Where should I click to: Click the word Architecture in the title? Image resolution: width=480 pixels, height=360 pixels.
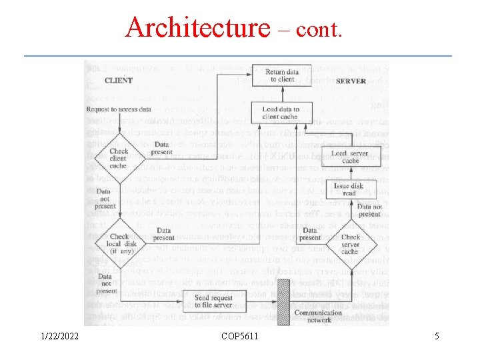197,28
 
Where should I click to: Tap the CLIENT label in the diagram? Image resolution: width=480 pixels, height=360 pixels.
119,80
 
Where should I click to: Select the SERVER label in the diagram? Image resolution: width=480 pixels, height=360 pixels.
351,81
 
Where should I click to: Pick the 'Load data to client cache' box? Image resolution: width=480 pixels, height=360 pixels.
280,113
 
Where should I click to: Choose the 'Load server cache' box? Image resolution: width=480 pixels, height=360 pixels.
350,157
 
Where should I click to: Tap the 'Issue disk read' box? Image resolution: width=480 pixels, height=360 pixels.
349,189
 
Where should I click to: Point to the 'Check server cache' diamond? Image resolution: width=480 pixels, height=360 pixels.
350,244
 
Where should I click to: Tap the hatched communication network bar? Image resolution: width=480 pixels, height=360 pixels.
283,302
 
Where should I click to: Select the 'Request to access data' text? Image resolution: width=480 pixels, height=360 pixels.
119,109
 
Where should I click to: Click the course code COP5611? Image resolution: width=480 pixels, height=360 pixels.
240,337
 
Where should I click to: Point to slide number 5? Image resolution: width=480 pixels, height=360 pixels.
437,337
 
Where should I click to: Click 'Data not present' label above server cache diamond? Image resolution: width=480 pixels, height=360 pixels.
369,211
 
